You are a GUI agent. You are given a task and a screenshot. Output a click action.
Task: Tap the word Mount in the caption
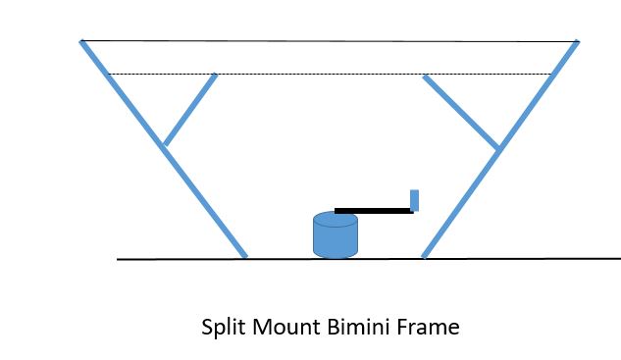pyautogui.click(x=284, y=327)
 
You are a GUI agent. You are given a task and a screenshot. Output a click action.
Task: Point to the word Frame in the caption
pyautogui.click(x=429, y=327)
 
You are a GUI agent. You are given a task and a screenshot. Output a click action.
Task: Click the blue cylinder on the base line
pyautogui.click(x=335, y=238)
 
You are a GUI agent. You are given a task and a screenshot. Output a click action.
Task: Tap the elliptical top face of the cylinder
pyautogui.click(x=335, y=219)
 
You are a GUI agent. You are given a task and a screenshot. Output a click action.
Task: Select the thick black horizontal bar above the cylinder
pyautogui.click(x=373, y=210)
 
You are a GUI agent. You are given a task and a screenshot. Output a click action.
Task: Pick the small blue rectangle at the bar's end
pyautogui.click(x=414, y=200)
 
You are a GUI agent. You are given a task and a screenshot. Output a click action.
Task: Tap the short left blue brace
pyautogui.click(x=189, y=110)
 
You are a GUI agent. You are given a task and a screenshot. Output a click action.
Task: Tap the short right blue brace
pyautogui.click(x=461, y=111)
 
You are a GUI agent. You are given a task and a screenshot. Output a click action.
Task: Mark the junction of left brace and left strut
pyautogui.click(x=164, y=146)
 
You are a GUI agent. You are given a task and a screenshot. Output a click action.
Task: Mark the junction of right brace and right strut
pyautogui.click(x=499, y=148)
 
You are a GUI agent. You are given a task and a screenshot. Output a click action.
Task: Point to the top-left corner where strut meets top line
pyautogui.click(x=82, y=41)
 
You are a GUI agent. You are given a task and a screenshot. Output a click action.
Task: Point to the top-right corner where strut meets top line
pyautogui.click(x=577, y=42)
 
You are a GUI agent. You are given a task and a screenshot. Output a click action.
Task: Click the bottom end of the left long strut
pyautogui.click(x=244, y=256)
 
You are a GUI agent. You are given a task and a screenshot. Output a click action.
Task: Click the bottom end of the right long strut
pyautogui.click(x=424, y=256)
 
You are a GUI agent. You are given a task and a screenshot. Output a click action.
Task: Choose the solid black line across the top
pyautogui.click(x=329, y=41)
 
